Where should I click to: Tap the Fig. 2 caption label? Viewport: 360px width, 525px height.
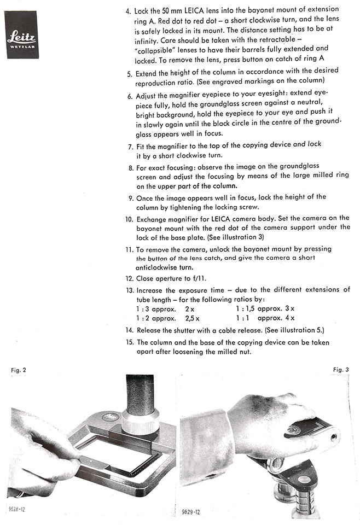coord(18,370)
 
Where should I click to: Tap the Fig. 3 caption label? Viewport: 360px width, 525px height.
coord(340,370)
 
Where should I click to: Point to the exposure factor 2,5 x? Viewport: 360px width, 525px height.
coord(192,318)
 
